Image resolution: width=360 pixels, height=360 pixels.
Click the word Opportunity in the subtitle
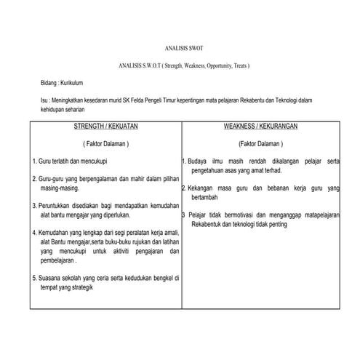coord(214,65)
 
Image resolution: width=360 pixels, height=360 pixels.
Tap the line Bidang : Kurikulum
coord(64,85)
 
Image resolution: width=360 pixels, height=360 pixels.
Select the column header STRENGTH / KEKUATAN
coord(105,126)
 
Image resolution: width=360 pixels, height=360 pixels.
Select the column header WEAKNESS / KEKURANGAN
coord(259,126)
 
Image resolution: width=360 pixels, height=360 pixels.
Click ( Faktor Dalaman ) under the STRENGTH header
coord(105,144)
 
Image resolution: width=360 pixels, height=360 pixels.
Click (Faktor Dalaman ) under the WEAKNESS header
coord(260,144)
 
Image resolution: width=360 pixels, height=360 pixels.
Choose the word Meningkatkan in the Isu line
coord(76,103)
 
